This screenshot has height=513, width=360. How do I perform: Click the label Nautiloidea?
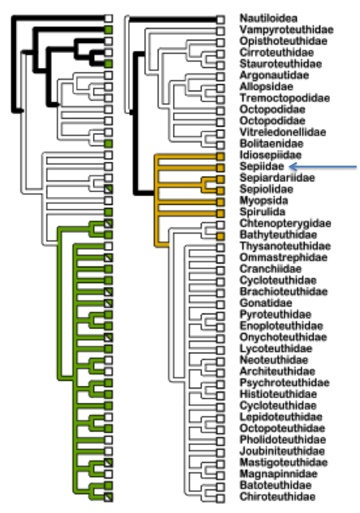(268, 18)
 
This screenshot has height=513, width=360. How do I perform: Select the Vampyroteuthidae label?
(286, 30)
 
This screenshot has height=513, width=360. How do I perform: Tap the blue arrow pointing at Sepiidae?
(323, 167)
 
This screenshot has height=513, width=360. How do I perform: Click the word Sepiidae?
(261, 166)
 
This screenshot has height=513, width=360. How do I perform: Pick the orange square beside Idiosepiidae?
(220, 156)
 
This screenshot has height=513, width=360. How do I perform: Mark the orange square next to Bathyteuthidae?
(220, 236)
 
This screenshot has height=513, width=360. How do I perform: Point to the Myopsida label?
(264, 201)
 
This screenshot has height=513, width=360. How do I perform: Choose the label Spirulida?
(262, 212)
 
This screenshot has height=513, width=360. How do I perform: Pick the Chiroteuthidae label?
(277, 496)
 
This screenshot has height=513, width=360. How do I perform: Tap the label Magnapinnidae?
(278, 474)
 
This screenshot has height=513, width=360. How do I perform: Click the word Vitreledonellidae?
(283, 132)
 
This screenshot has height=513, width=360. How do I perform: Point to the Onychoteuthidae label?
(283, 337)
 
